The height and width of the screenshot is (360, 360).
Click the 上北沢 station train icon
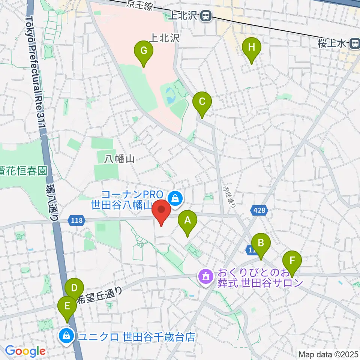tap(205, 16)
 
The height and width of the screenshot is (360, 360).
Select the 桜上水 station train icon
tap(354, 44)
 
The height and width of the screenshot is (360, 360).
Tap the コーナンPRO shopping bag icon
tap(175, 197)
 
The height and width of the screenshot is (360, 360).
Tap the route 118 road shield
tap(76, 220)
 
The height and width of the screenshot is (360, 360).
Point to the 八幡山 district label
tap(120, 159)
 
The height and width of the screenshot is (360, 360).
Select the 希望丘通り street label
tap(99, 295)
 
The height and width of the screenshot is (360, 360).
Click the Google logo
tap(25, 351)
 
